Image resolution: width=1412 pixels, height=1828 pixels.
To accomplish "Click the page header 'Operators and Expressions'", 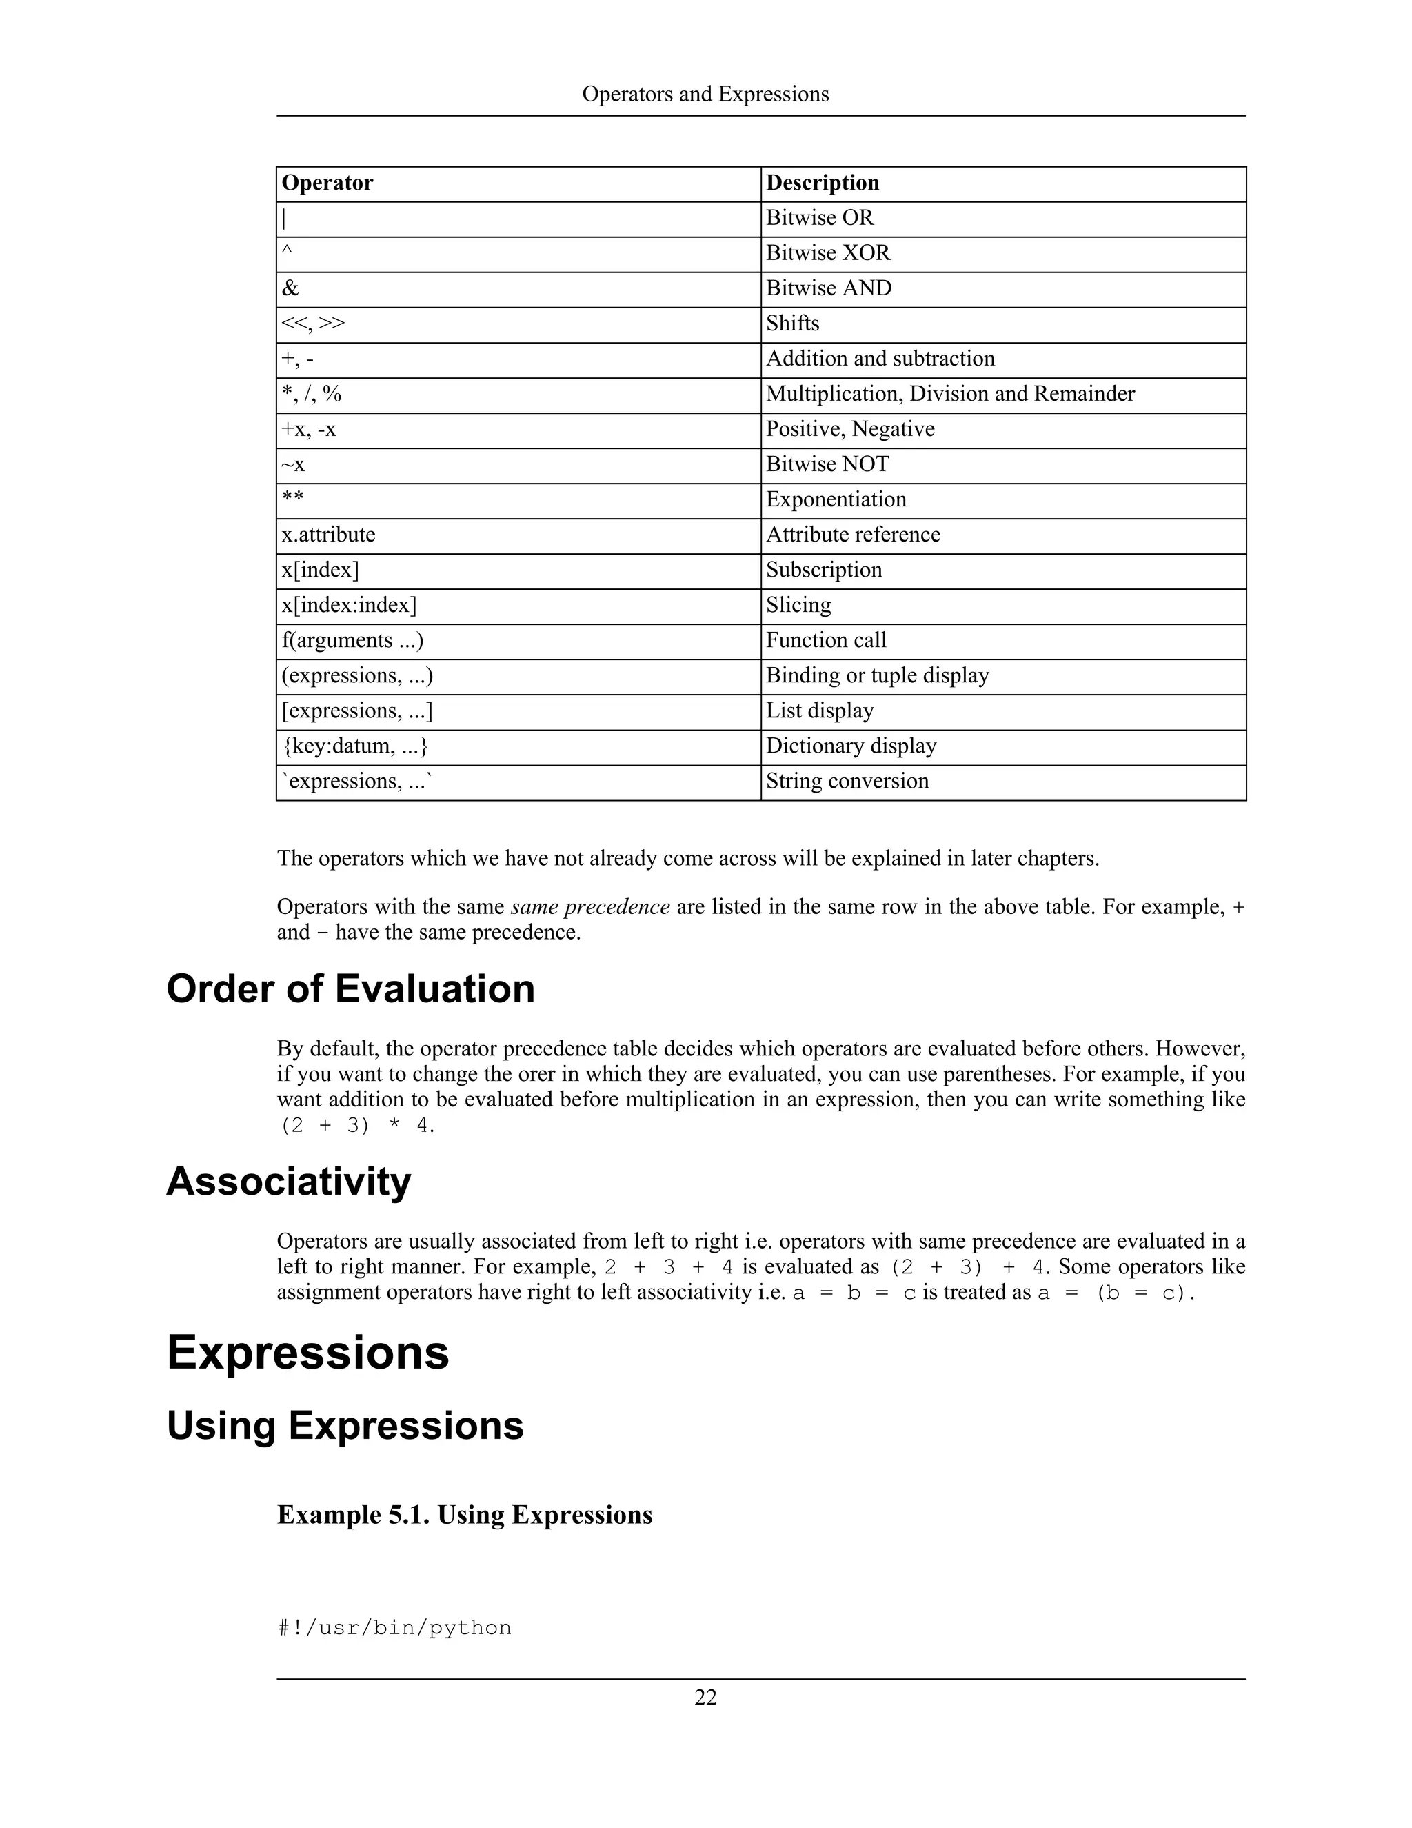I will point(705,94).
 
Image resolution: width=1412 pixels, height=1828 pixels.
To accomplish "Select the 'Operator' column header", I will point(327,183).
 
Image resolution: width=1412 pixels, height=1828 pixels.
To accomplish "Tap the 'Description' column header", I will point(823,183).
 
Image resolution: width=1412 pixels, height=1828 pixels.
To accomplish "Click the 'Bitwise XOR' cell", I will point(828,252).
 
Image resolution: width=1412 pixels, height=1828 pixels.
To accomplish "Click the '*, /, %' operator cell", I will point(311,394).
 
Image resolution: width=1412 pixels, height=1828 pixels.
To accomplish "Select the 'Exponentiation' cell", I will point(836,499).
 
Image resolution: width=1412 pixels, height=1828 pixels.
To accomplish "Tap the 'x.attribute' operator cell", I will point(328,535).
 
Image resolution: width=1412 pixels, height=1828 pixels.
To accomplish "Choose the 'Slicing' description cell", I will point(798,605).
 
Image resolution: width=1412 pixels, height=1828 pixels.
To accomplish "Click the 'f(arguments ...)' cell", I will point(352,640).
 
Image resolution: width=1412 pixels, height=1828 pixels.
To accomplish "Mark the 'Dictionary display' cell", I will point(851,746).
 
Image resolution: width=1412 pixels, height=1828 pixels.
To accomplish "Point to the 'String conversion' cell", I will point(847,781).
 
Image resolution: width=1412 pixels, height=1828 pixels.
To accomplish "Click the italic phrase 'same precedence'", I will point(589,907).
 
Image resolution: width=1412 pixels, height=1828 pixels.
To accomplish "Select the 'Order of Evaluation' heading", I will point(350,988).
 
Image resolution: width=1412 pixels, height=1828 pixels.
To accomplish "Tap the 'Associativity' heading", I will point(289,1181).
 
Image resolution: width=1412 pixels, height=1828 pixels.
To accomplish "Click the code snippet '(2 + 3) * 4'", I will point(356,1126).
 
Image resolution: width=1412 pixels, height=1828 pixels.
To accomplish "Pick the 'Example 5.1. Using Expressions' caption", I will point(464,1515).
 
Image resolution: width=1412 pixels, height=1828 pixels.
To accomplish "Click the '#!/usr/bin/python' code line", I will point(394,1628).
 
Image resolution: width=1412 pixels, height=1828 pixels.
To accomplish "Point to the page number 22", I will point(705,1698).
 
